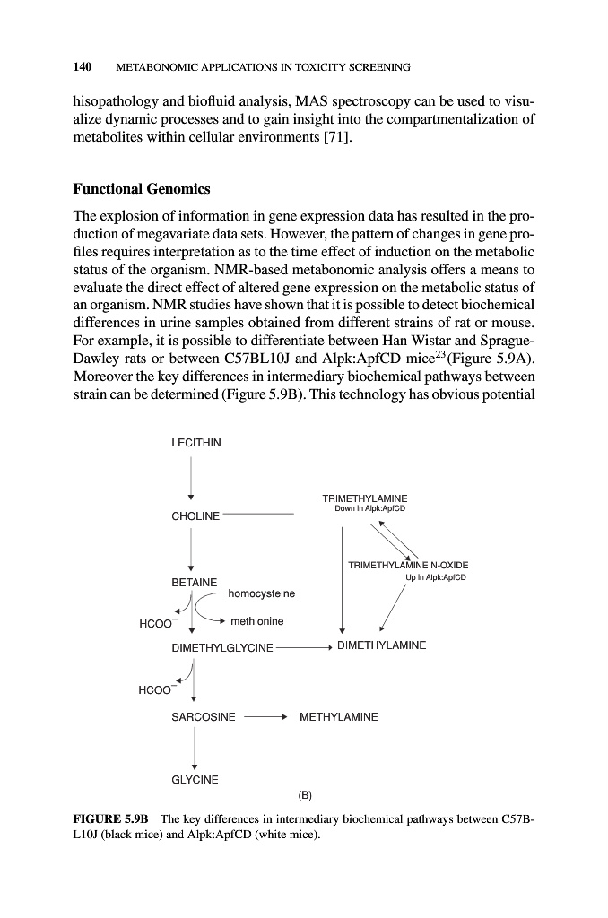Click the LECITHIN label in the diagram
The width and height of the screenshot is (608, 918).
195,443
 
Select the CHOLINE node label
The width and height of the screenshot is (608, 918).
195,516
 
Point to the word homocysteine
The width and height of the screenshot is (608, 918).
262,593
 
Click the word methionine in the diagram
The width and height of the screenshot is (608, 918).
257,621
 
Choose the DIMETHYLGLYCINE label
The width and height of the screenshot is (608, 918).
221,646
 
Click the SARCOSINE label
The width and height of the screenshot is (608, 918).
203,717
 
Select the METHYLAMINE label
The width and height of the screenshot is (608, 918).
338,717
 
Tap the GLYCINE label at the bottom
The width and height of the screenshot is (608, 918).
195,780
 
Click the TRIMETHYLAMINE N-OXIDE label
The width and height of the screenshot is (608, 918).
408,565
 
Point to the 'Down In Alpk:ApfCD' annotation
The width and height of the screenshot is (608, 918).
365,510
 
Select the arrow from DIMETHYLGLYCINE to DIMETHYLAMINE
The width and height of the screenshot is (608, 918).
305,646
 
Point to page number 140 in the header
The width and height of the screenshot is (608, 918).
83,66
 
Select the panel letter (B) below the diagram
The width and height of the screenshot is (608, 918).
304,794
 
